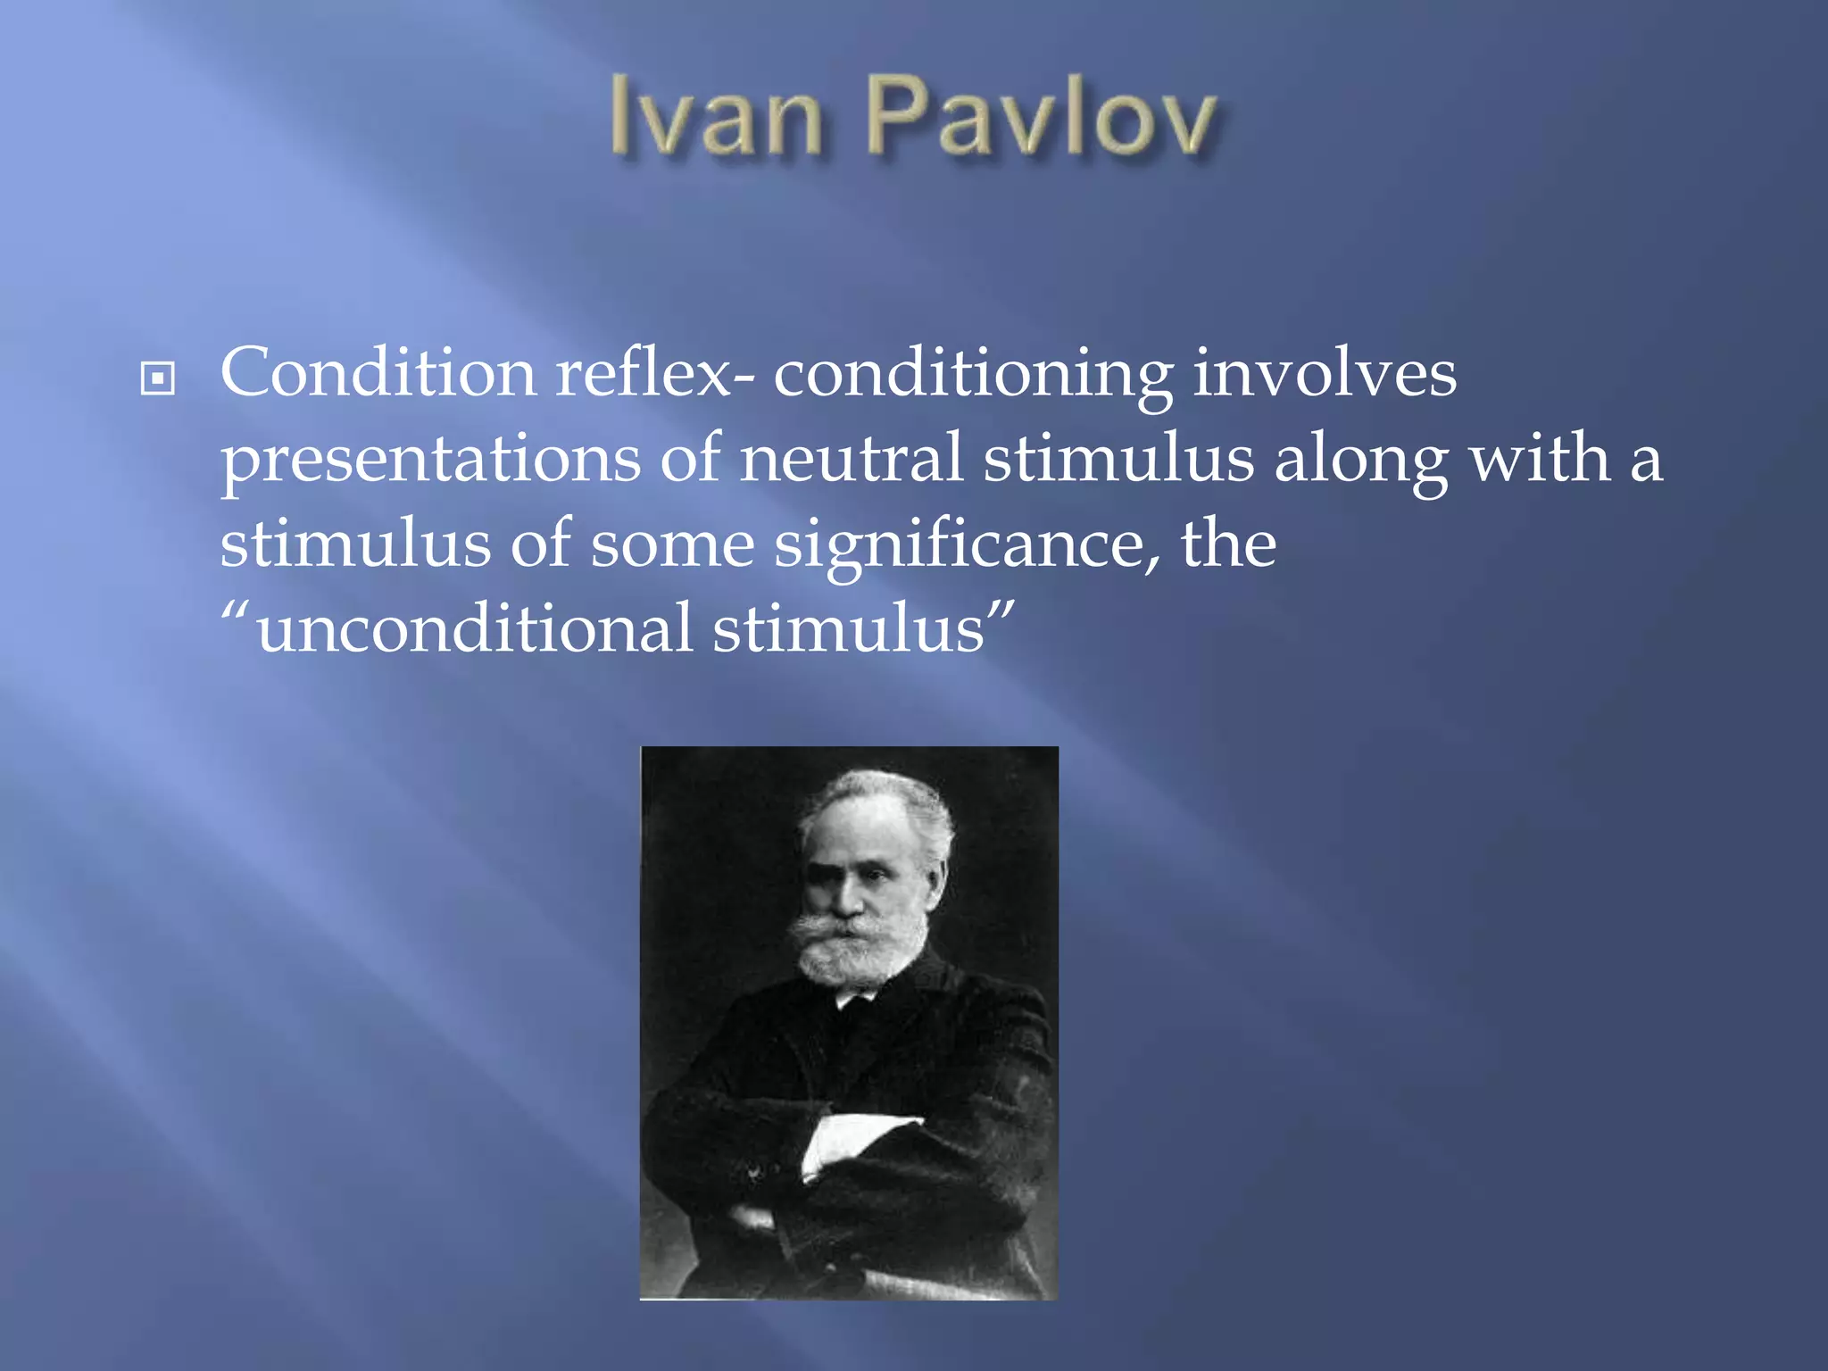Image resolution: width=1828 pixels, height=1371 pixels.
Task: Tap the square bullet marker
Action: coord(158,378)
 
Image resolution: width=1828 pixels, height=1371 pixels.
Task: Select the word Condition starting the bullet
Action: coord(378,373)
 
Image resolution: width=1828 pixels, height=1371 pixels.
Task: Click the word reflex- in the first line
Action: coord(654,373)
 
